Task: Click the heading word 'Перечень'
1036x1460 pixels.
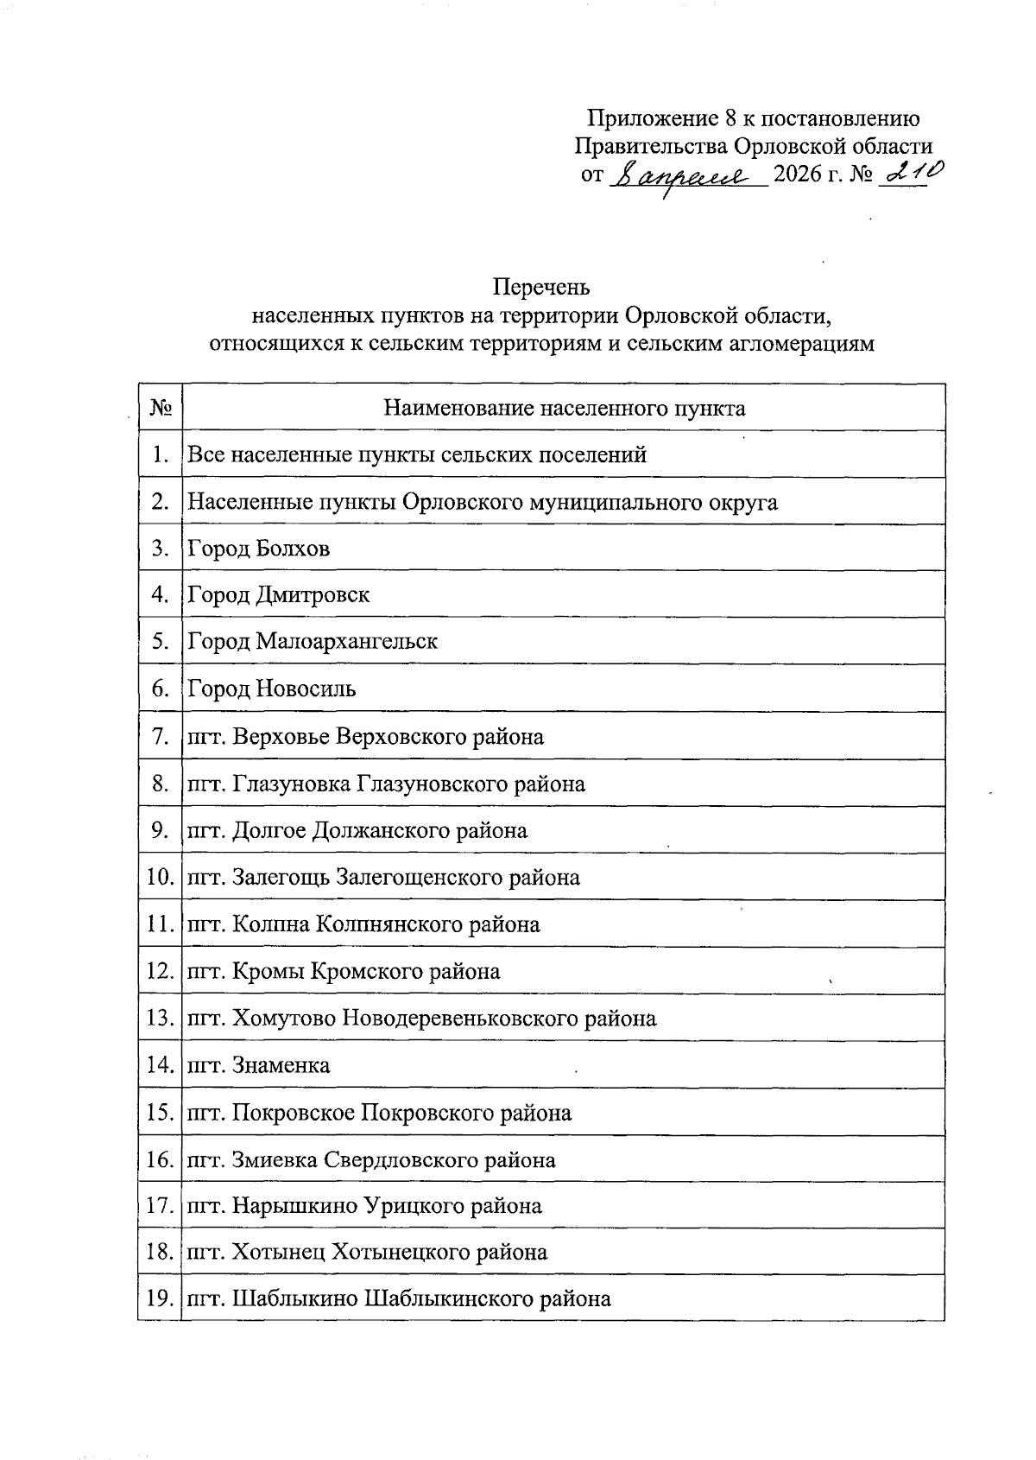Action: coord(541,285)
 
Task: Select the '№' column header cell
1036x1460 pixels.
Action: coord(161,408)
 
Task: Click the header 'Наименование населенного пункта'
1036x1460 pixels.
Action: coord(564,408)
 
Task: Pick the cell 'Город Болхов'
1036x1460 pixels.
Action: coord(259,549)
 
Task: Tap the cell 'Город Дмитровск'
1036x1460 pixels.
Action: coord(279,595)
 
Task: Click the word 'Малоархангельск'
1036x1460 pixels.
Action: coord(346,642)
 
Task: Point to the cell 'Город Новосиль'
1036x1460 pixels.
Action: coord(272,689)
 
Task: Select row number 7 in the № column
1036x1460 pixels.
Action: coord(160,736)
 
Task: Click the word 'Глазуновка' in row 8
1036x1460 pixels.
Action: coord(291,784)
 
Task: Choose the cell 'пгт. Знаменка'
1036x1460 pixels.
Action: coord(259,1065)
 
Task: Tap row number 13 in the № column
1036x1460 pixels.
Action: coord(160,1019)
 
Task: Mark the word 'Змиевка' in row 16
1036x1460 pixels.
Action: coord(275,1159)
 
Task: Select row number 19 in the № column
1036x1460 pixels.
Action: coord(160,1298)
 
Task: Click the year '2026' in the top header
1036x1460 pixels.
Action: coord(800,175)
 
